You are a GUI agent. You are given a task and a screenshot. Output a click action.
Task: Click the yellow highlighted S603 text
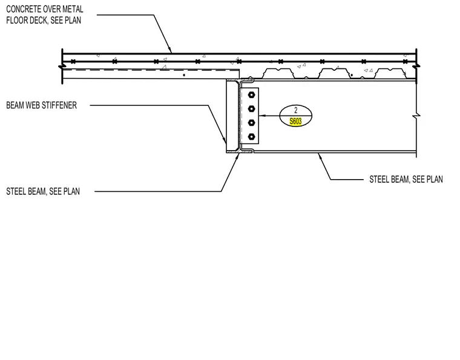click(295, 121)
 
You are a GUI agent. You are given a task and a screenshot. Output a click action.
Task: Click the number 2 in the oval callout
click(296, 110)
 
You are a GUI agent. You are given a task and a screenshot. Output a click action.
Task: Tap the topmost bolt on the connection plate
click(251, 95)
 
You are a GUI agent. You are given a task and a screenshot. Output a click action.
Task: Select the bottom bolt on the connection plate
click(251, 137)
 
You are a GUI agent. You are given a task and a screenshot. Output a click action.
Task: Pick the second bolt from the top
click(251, 109)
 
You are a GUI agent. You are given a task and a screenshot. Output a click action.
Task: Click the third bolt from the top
click(251, 123)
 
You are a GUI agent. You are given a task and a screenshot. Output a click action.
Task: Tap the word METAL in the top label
click(73, 9)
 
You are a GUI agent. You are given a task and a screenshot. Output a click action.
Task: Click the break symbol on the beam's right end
click(416, 116)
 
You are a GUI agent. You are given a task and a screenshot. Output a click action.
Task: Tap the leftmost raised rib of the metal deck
click(278, 73)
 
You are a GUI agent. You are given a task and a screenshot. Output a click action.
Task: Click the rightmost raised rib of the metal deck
click(390, 73)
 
